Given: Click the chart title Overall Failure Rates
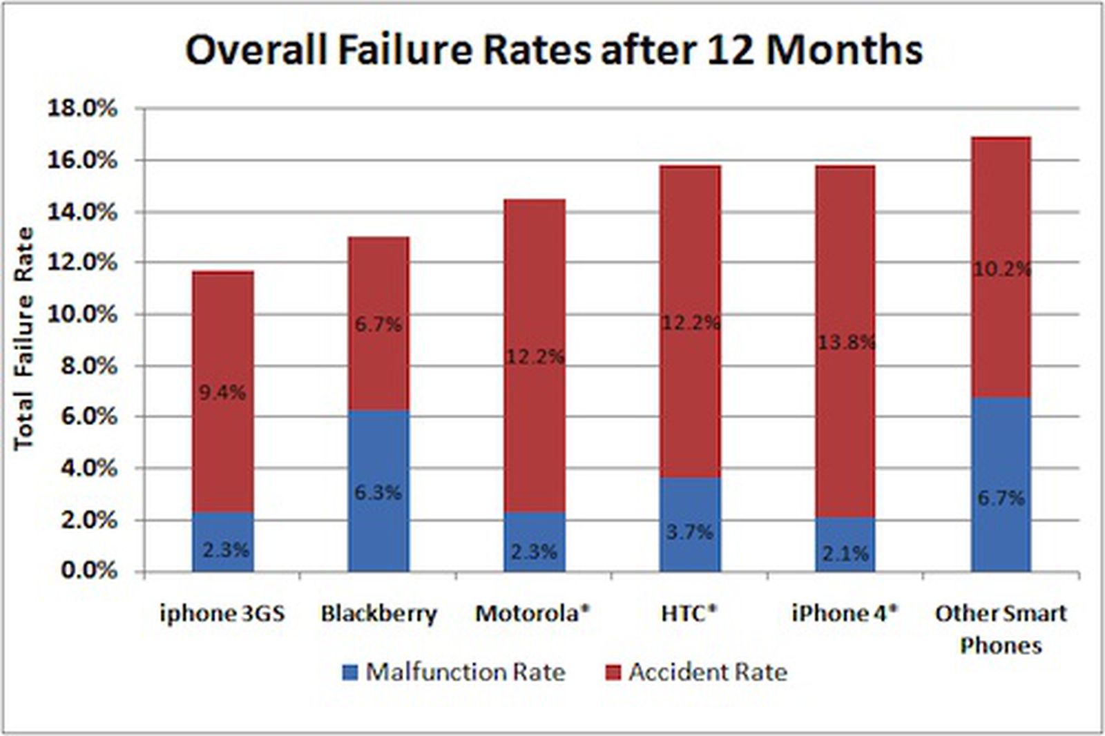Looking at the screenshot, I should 553,50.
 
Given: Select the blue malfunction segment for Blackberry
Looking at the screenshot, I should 378,456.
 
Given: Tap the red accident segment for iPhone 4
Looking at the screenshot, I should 845,276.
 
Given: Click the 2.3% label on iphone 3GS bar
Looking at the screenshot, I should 225,550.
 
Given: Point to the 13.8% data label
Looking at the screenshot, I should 846,342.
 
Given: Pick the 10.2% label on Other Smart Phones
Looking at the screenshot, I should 1001,269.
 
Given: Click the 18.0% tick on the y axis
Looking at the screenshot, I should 81,108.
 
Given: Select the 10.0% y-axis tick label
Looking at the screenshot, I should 81,314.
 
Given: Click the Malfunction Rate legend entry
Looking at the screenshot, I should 454,672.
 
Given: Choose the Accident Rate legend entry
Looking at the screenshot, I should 695,672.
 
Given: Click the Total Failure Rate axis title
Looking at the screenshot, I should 24,338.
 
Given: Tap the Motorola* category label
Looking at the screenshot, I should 532,613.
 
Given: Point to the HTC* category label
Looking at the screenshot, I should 689,613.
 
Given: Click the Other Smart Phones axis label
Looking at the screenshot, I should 1001,628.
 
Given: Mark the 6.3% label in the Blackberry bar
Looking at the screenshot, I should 378,493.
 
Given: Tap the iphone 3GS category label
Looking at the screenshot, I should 222,613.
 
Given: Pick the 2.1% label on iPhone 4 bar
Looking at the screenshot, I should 845,553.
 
